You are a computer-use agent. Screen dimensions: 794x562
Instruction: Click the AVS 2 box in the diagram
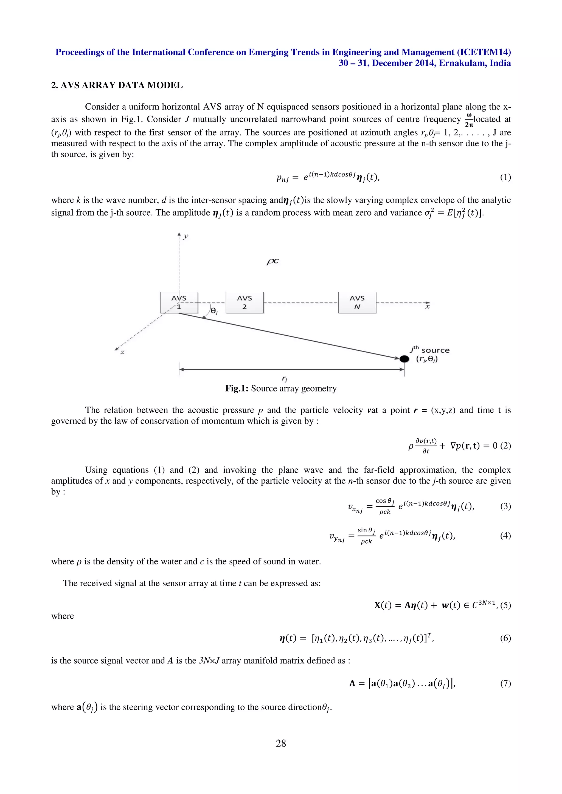click(x=245, y=302)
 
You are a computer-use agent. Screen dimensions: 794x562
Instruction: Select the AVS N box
click(x=357, y=302)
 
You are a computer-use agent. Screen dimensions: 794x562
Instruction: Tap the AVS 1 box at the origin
click(x=179, y=302)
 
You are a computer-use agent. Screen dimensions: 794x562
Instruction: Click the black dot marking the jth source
click(x=404, y=359)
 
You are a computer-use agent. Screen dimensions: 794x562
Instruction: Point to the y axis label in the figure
click(x=186, y=236)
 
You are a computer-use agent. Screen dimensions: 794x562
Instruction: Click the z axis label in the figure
click(x=122, y=352)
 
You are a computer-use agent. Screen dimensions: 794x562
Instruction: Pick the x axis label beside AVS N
click(x=427, y=306)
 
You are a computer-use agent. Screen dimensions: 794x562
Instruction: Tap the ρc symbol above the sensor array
click(x=272, y=261)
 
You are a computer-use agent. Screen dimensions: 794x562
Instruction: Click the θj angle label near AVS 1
click(x=214, y=311)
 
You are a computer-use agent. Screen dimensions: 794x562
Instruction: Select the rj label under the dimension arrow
click(x=285, y=379)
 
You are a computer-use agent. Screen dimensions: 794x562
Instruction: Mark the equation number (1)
click(x=505, y=178)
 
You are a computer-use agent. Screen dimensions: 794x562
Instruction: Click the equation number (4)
click(x=505, y=536)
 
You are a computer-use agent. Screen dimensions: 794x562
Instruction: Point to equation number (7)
click(x=505, y=683)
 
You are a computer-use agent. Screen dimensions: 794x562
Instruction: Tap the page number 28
click(x=281, y=743)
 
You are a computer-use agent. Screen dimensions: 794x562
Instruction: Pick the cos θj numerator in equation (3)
click(x=385, y=501)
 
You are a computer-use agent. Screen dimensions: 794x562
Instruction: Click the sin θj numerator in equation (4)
click(x=366, y=530)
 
